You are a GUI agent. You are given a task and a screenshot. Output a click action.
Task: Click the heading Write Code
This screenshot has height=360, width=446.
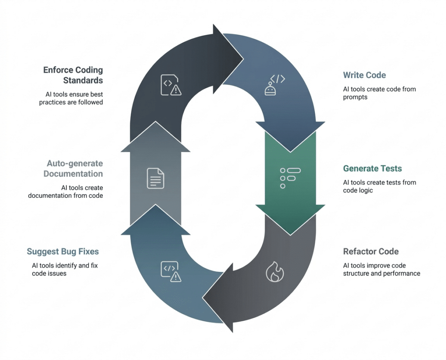pos(364,75)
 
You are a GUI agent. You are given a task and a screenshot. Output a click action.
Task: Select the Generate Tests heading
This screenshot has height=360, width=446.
pos(372,168)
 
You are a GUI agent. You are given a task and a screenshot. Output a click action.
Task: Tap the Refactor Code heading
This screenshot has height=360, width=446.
pos(371,251)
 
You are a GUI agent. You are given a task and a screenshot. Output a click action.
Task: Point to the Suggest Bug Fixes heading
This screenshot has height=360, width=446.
pos(63,251)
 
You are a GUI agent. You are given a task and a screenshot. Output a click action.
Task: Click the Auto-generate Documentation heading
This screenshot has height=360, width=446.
pos(73,169)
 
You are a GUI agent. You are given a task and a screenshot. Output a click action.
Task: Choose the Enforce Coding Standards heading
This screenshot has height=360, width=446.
pos(73,75)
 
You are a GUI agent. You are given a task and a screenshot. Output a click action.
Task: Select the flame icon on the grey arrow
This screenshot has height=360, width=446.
pos(275,272)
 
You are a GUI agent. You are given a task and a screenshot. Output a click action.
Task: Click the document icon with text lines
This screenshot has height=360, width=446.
pos(155,178)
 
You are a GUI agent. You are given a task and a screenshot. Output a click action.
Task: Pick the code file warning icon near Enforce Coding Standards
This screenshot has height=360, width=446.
pos(170,85)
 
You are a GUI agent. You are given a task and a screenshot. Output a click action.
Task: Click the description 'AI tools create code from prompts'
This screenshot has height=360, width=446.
pos(379,93)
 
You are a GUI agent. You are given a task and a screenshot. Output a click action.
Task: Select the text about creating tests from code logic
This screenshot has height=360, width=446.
pos(379,186)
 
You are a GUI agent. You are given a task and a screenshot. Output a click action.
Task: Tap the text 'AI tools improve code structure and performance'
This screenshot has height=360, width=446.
pos(382,269)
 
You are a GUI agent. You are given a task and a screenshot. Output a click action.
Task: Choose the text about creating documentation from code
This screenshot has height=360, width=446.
pos(66,191)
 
